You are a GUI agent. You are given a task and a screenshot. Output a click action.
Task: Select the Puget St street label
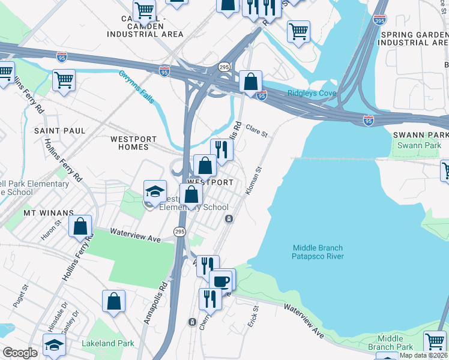tap(25, 296)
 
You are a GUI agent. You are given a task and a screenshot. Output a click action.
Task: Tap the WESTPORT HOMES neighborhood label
tap(133, 142)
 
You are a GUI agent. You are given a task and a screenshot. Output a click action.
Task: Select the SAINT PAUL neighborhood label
tap(59, 130)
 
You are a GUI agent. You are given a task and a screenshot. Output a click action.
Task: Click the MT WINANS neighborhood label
tap(48, 212)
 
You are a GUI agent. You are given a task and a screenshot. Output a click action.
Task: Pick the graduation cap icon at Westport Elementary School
tap(155, 191)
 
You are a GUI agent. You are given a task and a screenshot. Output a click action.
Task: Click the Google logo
tap(20, 353)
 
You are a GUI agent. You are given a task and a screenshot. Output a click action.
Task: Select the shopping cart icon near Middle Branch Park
tap(435, 341)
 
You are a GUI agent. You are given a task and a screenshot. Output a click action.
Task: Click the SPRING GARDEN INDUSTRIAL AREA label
tap(414, 38)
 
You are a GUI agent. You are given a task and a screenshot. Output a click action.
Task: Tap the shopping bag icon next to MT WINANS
tap(80, 226)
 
